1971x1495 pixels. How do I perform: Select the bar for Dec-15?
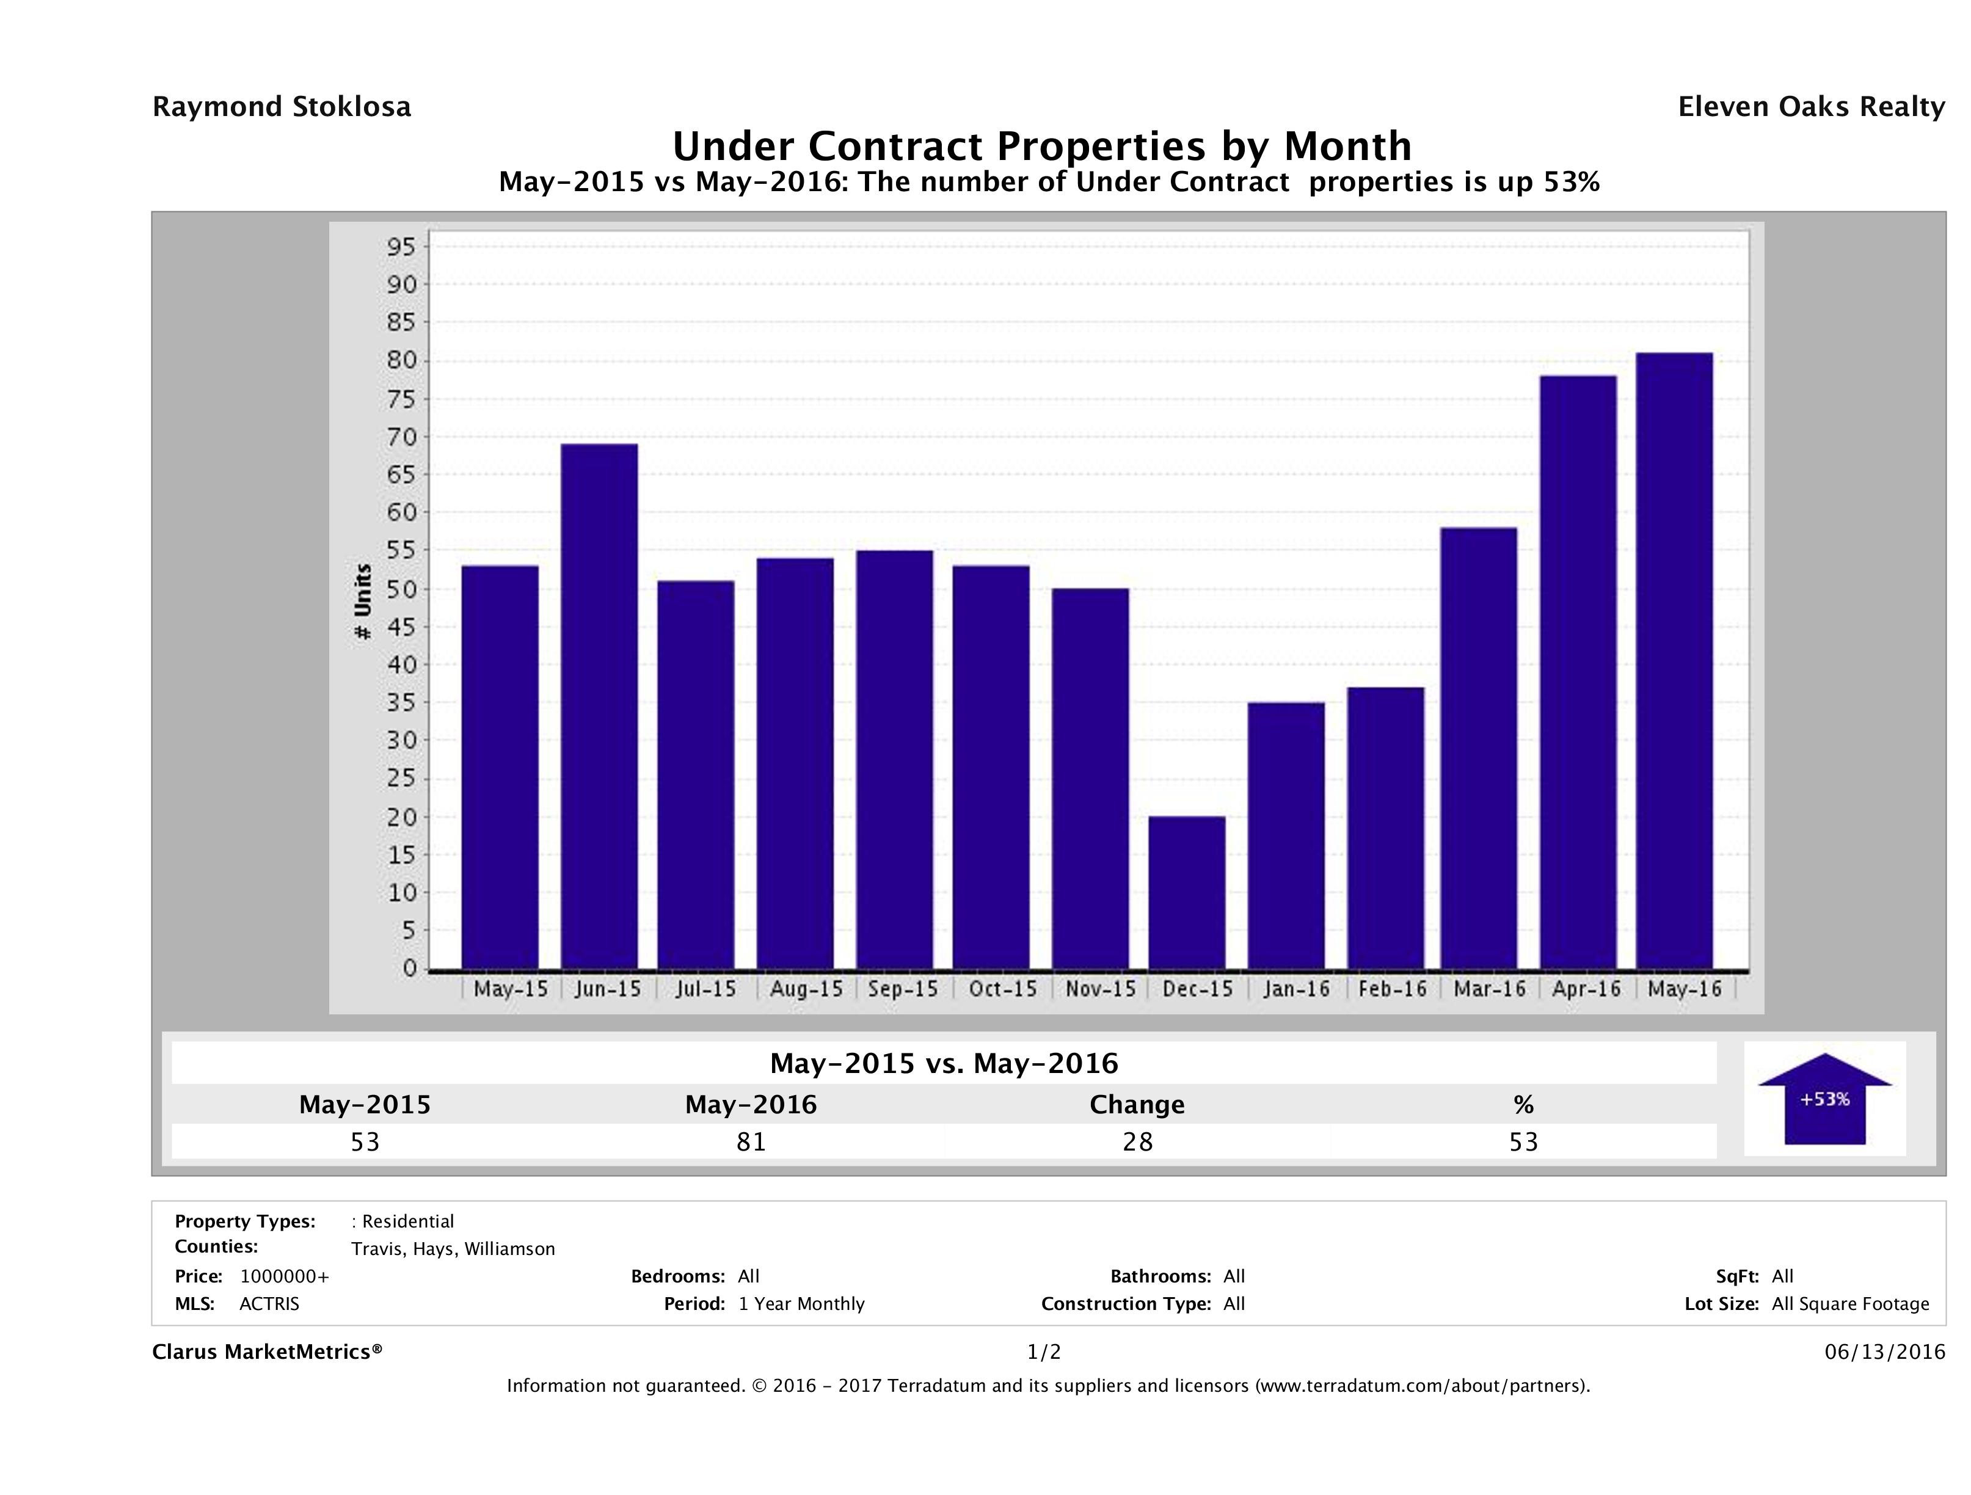point(1187,893)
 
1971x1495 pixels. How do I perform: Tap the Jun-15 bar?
point(600,707)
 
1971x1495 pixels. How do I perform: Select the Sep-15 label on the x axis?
point(903,989)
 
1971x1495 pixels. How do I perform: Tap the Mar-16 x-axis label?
point(1490,989)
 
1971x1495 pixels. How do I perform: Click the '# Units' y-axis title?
point(363,602)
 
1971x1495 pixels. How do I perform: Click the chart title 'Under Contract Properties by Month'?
point(1041,146)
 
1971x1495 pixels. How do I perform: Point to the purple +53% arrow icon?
point(1824,1099)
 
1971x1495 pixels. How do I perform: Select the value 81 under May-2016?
point(751,1141)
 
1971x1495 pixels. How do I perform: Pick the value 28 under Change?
point(1138,1141)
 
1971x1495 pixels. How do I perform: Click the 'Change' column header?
point(1137,1105)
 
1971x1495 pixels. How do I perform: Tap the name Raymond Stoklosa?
point(282,107)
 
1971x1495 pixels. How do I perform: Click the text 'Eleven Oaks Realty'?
point(1810,107)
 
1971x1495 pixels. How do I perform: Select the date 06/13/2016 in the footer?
point(1884,1351)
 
